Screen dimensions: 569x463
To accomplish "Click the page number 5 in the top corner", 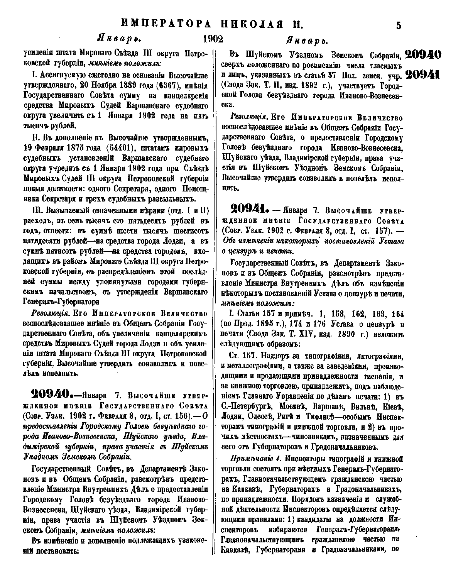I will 399,25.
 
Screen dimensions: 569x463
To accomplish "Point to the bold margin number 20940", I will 423,54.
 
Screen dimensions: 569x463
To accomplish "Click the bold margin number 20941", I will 423,75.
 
